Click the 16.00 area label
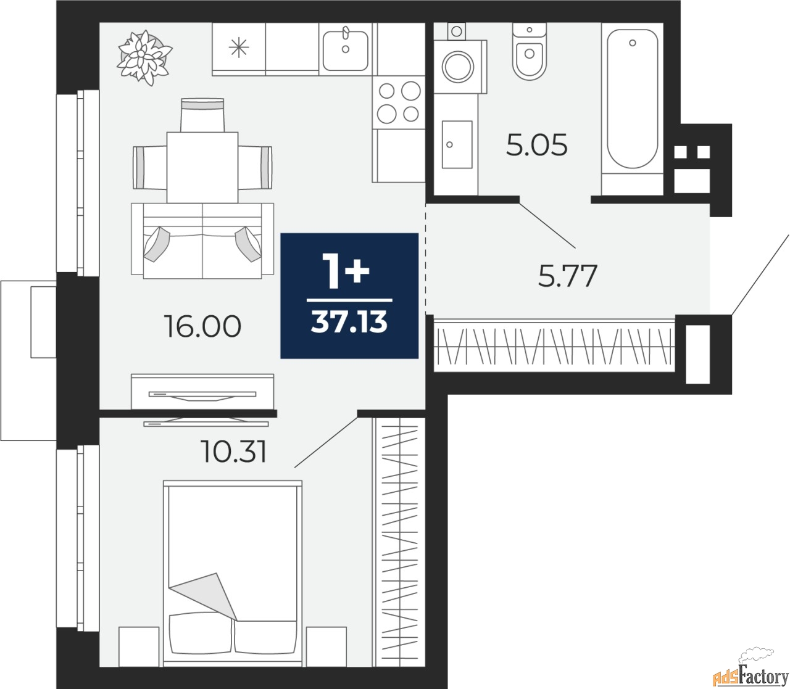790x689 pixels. pos(202,326)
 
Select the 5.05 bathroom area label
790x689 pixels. pos(537,145)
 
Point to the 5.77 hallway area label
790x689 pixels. pos(568,276)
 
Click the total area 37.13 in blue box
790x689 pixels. pos(349,322)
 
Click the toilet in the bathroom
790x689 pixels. pos(530,51)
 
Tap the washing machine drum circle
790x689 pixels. pos(457,67)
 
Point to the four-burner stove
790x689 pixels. pos(399,102)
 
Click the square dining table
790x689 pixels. pos(202,167)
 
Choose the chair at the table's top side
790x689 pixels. pos(202,115)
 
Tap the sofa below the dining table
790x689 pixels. pos(202,241)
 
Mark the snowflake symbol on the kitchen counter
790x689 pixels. pos(239,47)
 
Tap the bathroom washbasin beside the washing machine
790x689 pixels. pos(457,144)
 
